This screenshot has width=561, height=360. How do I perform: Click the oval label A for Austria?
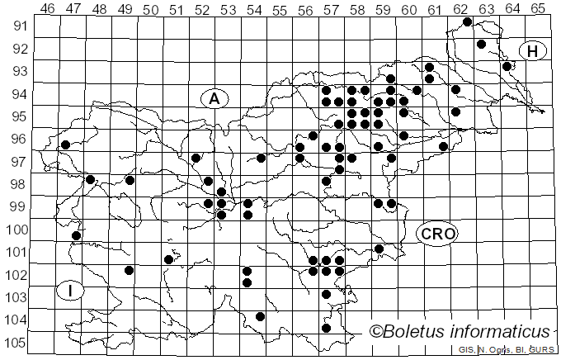point(214,98)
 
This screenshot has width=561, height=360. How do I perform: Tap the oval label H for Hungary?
point(533,51)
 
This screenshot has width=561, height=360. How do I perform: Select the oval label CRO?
point(436,234)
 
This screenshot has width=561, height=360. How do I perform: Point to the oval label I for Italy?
point(71,290)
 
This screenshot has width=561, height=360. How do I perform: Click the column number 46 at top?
point(48,9)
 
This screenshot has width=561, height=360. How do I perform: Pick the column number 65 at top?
point(537,9)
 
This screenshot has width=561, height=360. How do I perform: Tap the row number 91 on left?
point(20,26)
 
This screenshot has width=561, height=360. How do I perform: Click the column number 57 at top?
point(331,9)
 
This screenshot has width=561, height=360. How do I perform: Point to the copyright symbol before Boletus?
point(377,332)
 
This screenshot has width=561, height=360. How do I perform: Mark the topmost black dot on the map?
point(468,22)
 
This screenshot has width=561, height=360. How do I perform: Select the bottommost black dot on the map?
point(326,328)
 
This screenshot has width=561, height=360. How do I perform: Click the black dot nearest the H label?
point(507,66)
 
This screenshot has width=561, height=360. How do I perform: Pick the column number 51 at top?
point(177,9)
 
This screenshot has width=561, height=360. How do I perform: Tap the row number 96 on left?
point(20,140)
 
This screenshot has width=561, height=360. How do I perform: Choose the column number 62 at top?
point(460,9)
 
